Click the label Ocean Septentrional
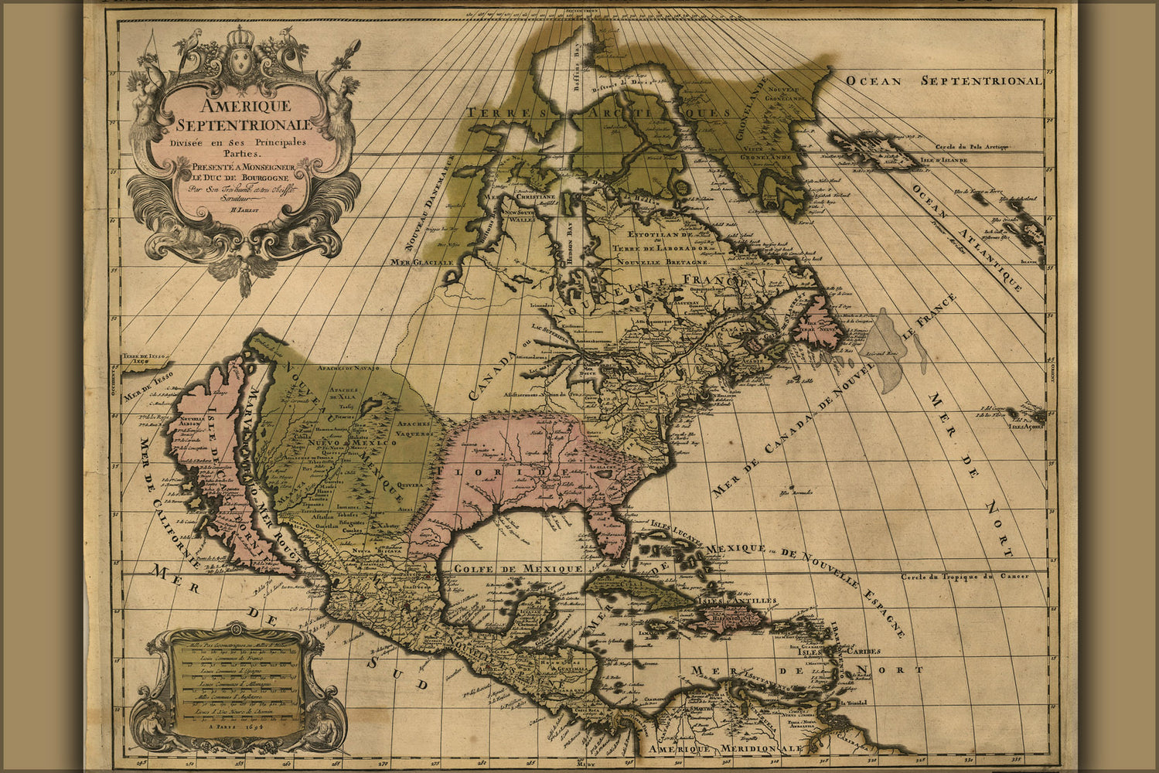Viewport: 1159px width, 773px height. pos(943,80)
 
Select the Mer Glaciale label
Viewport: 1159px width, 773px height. pos(421,263)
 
